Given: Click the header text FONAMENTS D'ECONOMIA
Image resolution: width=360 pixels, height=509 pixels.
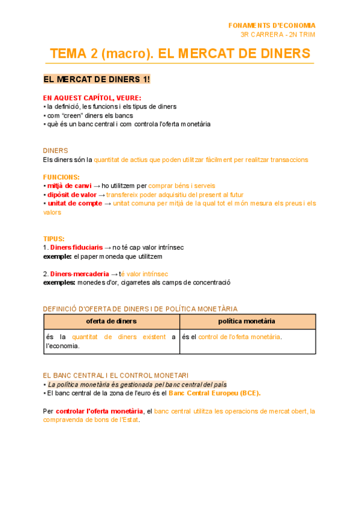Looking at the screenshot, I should pos(272,25).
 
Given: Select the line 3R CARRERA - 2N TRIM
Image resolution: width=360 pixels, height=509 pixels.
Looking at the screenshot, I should pos(277,34).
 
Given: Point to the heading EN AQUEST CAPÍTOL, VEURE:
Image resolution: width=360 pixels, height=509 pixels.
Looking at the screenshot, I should pos(92,98).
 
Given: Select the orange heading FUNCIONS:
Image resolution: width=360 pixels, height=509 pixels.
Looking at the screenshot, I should pos(61,177).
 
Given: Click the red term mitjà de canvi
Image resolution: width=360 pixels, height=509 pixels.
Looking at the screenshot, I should pos(70,186).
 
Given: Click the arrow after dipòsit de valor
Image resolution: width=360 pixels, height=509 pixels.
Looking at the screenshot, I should pos(101,195).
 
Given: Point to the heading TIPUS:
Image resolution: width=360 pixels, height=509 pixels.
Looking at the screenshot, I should pos(54,238).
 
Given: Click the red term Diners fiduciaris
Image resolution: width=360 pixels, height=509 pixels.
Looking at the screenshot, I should pos(76,247).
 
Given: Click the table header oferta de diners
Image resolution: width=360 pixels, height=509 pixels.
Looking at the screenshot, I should pos(111,321).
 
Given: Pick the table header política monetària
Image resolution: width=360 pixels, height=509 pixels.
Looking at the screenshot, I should pos(247,321).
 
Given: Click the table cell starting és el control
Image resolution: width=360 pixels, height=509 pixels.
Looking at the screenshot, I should pos(232,337).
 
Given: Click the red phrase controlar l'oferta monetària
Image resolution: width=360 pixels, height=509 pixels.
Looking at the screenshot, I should pos(100,411).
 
